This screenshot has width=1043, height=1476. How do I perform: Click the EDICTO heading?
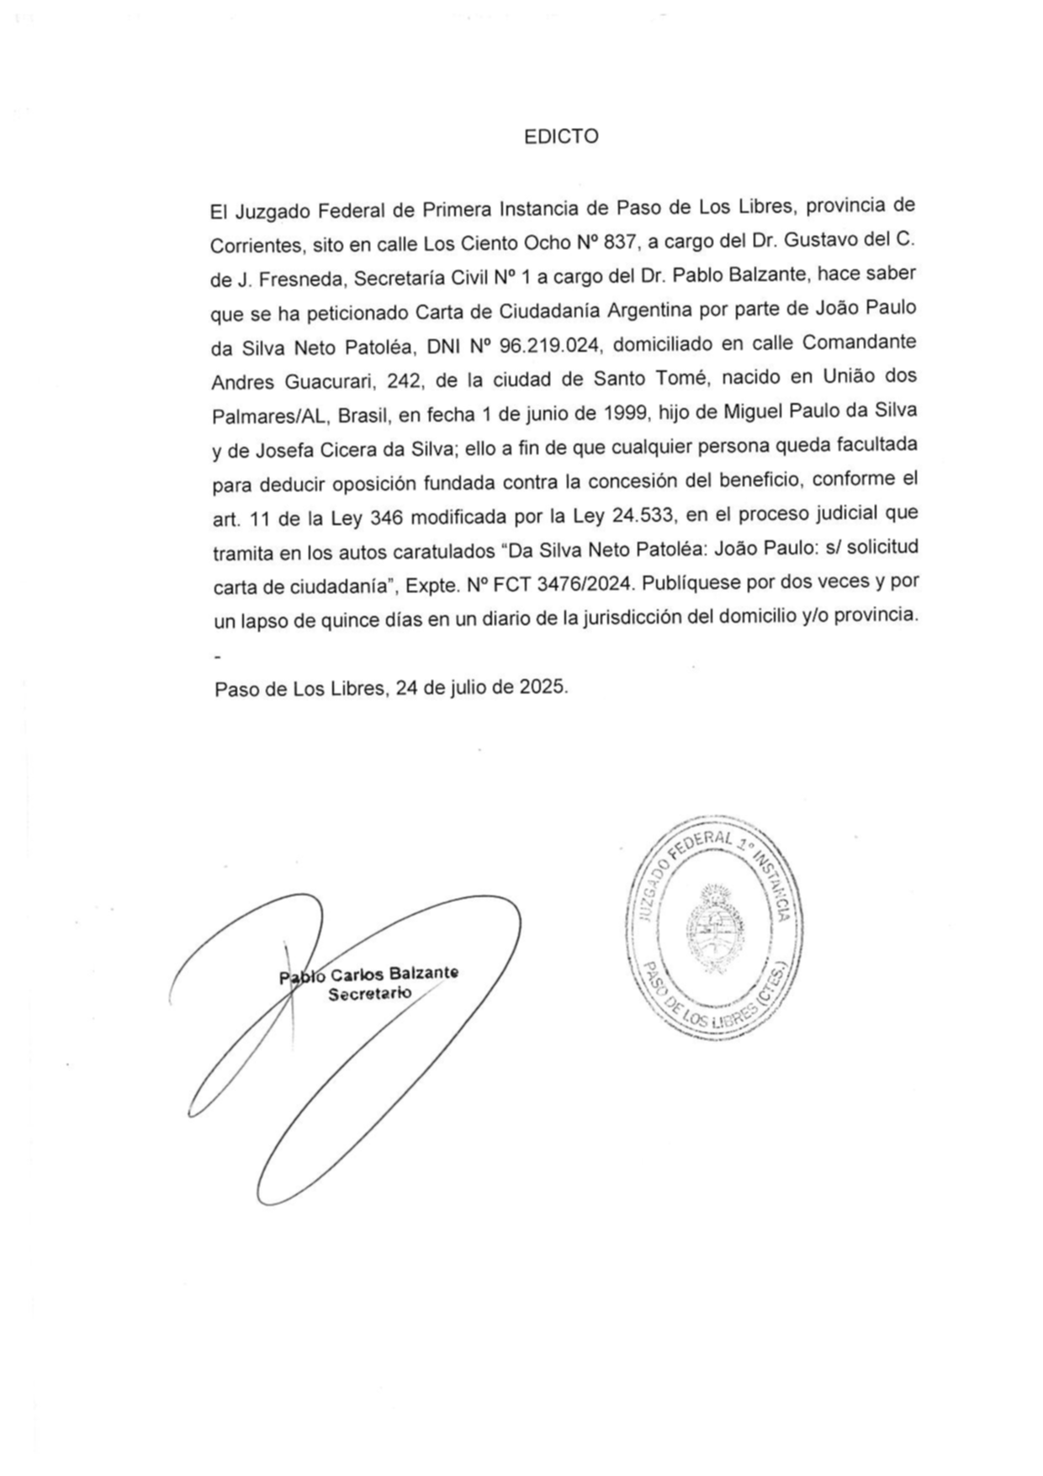point(561,137)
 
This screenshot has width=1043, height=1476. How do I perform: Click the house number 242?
point(405,380)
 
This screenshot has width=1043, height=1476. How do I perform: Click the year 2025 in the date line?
point(542,686)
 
